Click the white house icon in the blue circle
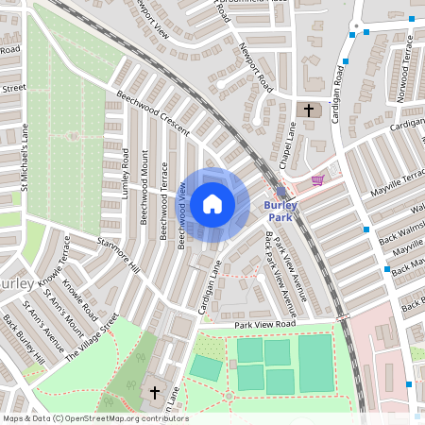pyautogui.click(x=212, y=203)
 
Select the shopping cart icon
pyautogui.click(x=317, y=179)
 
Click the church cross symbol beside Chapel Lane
pyautogui.click(x=306, y=110)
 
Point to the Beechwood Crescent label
pyautogui.click(x=153, y=113)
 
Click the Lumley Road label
pyautogui.click(x=125, y=171)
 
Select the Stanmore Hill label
pyautogui.click(x=118, y=255)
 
